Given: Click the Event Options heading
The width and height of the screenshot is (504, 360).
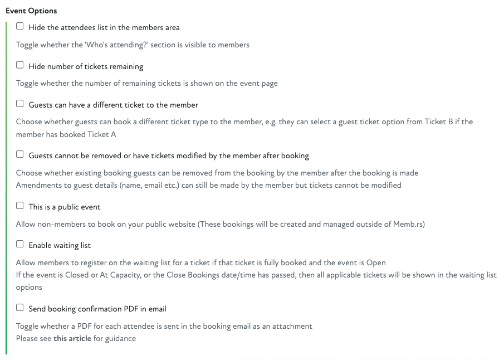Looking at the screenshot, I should pyautogui.click(x=31, y=11).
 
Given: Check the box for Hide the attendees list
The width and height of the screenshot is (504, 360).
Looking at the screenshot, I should pyautogui.click(x=20, y=26).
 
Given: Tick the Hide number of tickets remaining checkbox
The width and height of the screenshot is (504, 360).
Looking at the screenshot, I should pyautogui.click(x=20, y=65).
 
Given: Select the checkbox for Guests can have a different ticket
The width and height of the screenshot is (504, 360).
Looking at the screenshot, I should pyautogui.click(x=20, y=104).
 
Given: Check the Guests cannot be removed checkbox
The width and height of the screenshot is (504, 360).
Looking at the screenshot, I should pyautogui.click(x=20, y=154).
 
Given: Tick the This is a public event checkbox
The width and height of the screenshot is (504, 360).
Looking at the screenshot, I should pyautogui.click(x=20, y=206).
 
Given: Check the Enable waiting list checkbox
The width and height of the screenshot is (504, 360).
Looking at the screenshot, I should pyautogui.click(x=20, y=244).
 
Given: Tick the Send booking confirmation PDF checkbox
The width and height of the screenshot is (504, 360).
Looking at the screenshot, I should pyautogui.click(x=20, y=308).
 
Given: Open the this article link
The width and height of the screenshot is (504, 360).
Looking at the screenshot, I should pyautogui.click(x=72, y=338).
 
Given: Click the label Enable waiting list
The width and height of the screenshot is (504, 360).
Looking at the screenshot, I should pyautogui.click(x=60, y=245).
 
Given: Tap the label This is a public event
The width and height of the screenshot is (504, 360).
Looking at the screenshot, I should pyautogui.click(x=65, y=207).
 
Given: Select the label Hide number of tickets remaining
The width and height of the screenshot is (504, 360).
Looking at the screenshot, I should pyautogui.click(x=86, y=66).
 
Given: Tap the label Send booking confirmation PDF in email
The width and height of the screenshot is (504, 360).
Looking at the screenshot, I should pyautogui.click(x=97, y=309).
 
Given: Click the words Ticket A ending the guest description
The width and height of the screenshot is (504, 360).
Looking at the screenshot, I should pyautogui.click(x=102, y=134).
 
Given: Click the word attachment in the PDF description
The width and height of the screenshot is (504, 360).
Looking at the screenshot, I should pyautogui.click(x=292, y=326).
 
